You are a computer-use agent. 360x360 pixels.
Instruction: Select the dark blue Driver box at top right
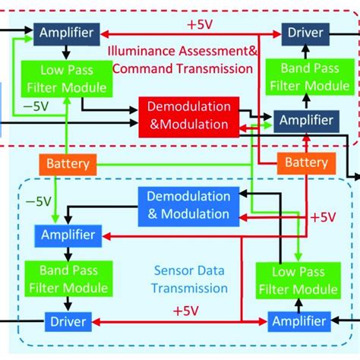click(x=304, y=32)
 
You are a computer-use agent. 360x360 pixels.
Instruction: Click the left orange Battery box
click(x=68, y=163)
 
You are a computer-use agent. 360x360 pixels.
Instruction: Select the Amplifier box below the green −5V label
click(x=69, y=234)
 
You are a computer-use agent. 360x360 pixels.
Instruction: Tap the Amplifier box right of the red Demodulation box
click(x=305, y=120)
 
